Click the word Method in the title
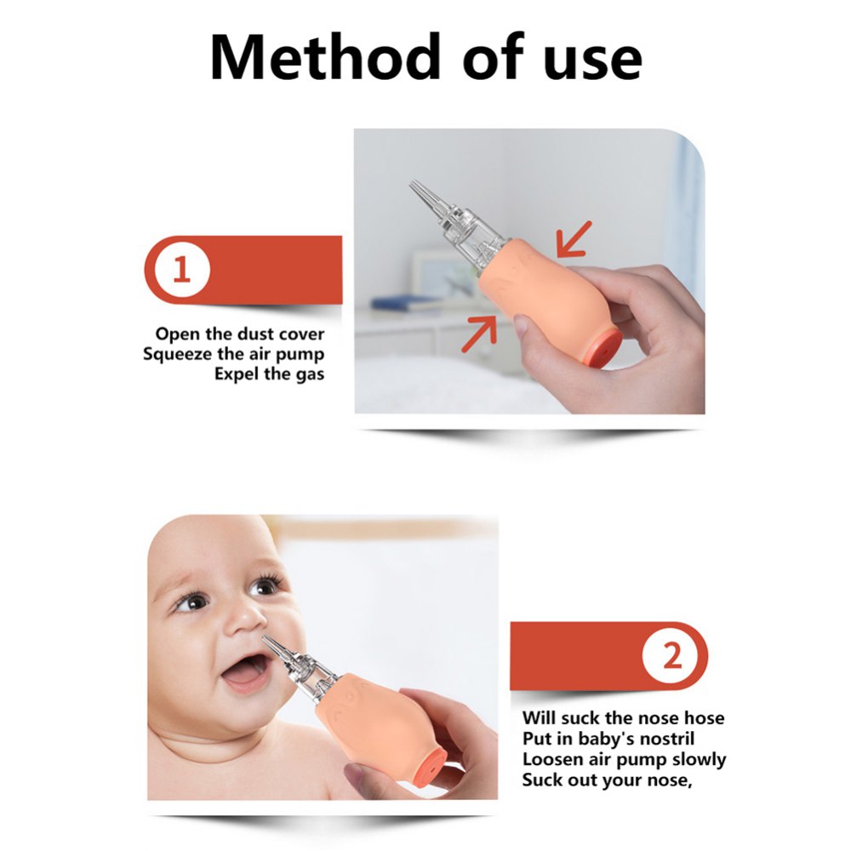325,57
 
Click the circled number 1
182,270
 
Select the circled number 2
672,655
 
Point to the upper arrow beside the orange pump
574,238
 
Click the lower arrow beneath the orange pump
479,334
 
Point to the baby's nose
245,624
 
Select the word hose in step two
704,718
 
